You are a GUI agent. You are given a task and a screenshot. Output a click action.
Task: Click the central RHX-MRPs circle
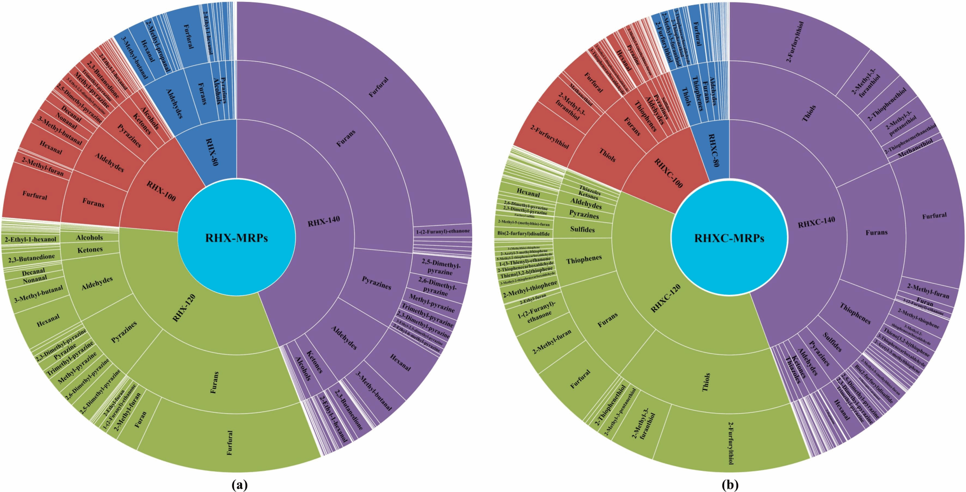pyautogui.click(x=236, y=238)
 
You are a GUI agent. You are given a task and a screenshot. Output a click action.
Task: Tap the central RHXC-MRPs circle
pyautogui.click(x=729, y=238)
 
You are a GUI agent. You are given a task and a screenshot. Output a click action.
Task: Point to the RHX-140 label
pyautogui.click(x=324, y=221)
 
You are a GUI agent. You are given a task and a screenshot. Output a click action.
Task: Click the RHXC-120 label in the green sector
pyautogui.click(x=666, y=299)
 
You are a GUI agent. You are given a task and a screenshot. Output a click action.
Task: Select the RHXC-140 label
pyautogui.click(x=816, y=221)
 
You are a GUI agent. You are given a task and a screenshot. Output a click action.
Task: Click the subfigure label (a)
pyautogui.click(x=240, y=484)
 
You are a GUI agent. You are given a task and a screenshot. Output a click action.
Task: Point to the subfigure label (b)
pyautogui.click(x=730, y=484)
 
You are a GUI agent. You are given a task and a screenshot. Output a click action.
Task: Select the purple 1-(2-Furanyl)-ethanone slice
pyautogui.click(x=442, y=231)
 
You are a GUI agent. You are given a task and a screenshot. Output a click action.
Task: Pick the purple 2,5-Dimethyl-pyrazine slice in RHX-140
pyautogui.click(x=441, y=267)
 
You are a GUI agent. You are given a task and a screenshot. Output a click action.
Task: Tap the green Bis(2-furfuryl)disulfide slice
pyautogui.click(x=523, y=233)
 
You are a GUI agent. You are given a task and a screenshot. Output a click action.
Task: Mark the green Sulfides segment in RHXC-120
pyautogui.click(x=582, y=230)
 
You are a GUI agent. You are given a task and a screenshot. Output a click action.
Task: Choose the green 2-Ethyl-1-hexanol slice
pyautogui.click(x=31, y=239)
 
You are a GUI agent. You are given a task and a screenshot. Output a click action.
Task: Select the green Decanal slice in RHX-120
pyautogui.click(x=33, y=271)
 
